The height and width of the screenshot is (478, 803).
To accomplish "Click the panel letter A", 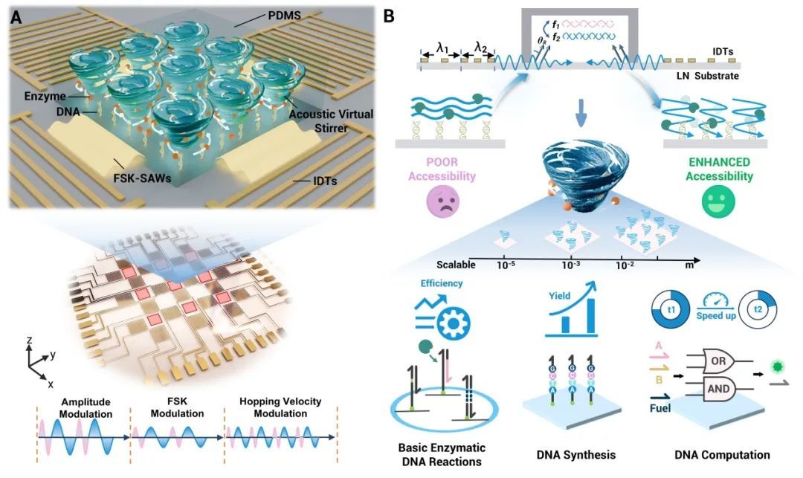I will (16, 15).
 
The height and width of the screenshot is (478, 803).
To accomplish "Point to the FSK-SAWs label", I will (136, 183).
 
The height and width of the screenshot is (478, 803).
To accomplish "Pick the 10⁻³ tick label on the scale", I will (571, 265).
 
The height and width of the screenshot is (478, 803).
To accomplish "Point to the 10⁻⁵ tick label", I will (506, 265).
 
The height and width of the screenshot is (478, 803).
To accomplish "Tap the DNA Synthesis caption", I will (569, 455).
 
